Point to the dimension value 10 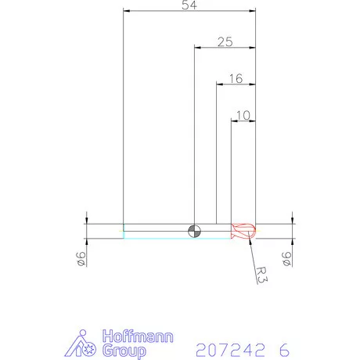click(243, 115)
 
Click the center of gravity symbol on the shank click(194, 230)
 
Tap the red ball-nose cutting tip click(245, 230)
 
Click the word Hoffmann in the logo click(138, 337)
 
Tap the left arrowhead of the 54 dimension click(128, 11)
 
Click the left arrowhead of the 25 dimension click(197, 47)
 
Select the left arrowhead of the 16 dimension click(219, 84)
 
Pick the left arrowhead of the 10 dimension click(234, 121)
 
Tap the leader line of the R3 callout click(251, 249)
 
